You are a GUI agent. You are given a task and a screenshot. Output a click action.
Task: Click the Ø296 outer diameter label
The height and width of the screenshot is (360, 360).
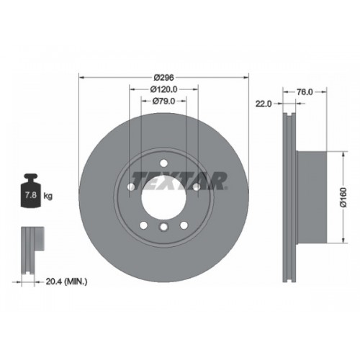164,78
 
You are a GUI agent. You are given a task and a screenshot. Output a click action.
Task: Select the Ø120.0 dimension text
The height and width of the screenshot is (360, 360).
164,89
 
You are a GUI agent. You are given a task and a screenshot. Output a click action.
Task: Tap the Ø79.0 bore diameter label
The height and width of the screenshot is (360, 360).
164,101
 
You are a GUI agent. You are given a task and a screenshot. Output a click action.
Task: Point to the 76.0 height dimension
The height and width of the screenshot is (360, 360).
305,92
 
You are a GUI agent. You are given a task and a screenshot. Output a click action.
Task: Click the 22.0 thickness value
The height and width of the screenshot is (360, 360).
264,104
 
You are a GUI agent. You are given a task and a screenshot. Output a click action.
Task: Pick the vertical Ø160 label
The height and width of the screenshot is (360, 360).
343,197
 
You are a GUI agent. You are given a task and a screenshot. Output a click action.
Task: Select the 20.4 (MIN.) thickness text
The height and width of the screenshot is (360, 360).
66,282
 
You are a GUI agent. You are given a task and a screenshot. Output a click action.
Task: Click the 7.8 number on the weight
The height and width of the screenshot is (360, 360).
31,195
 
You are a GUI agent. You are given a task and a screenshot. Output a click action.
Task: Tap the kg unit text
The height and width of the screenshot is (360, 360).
48,196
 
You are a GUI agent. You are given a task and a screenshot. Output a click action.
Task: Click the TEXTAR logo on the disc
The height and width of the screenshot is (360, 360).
179,181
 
